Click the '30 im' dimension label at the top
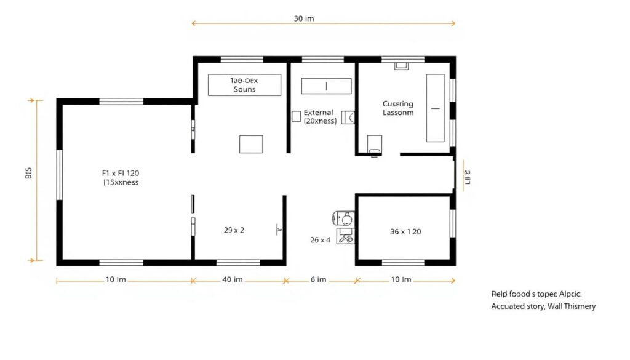coord(304,18)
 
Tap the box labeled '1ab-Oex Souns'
coord(244,85)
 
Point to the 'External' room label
coord(319,113)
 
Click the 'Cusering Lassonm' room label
coord(398,108)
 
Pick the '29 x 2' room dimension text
coord(233,230)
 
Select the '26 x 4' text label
coord(321,240)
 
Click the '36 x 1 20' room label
coord(405,232)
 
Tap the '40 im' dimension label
coord(233,279)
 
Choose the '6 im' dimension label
coord(318,279)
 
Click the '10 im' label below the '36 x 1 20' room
coord(401,279)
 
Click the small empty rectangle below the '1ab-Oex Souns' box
coord(251,143)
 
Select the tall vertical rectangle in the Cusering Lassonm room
coord(435,108)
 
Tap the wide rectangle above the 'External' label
coord(326,86)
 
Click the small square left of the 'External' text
coord(296,115)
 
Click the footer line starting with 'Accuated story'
coord(543,306)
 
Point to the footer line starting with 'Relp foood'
coord(540,294)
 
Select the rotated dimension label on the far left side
coord(28,174)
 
